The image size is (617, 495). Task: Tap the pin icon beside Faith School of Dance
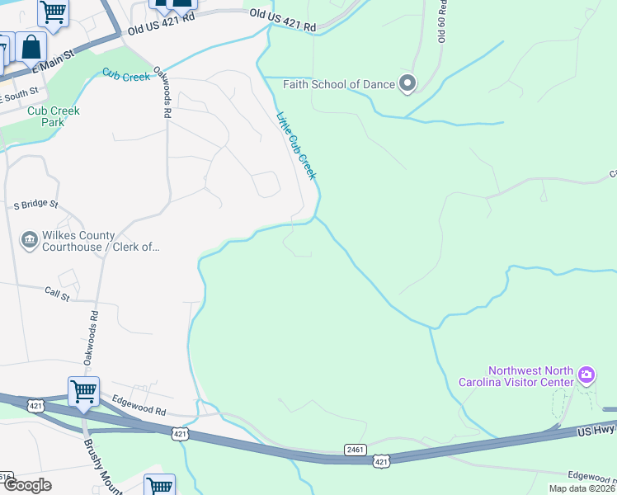click(407, 83)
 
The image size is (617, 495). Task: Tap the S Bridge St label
click(35, 204)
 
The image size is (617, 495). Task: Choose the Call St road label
click(58, 292)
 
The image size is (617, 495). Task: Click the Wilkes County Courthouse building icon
click(29, 240)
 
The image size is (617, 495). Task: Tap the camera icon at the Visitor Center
click(586, 376)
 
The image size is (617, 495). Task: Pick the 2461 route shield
click(356, 450)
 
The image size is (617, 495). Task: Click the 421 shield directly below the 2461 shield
click(380, 463)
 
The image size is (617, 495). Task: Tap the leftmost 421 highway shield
click(35, 405)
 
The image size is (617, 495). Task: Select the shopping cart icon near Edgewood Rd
click(83, 392)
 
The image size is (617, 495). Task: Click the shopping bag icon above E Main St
click(31, 47)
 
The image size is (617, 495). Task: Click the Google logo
click(27, 485)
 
